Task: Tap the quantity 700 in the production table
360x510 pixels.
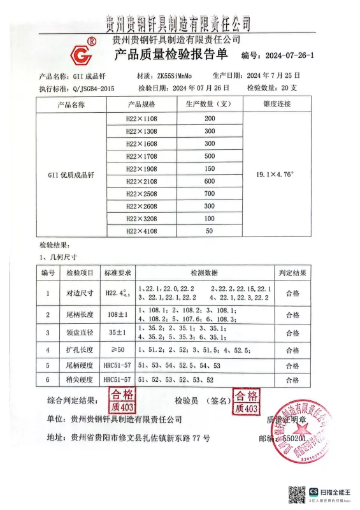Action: [210, 193]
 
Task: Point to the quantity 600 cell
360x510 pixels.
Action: [210, 181]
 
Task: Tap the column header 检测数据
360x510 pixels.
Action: [205, 272]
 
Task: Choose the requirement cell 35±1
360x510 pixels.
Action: [118, 332]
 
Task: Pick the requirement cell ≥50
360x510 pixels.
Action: [118, 349]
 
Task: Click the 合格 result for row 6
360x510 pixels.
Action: [292, 380]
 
